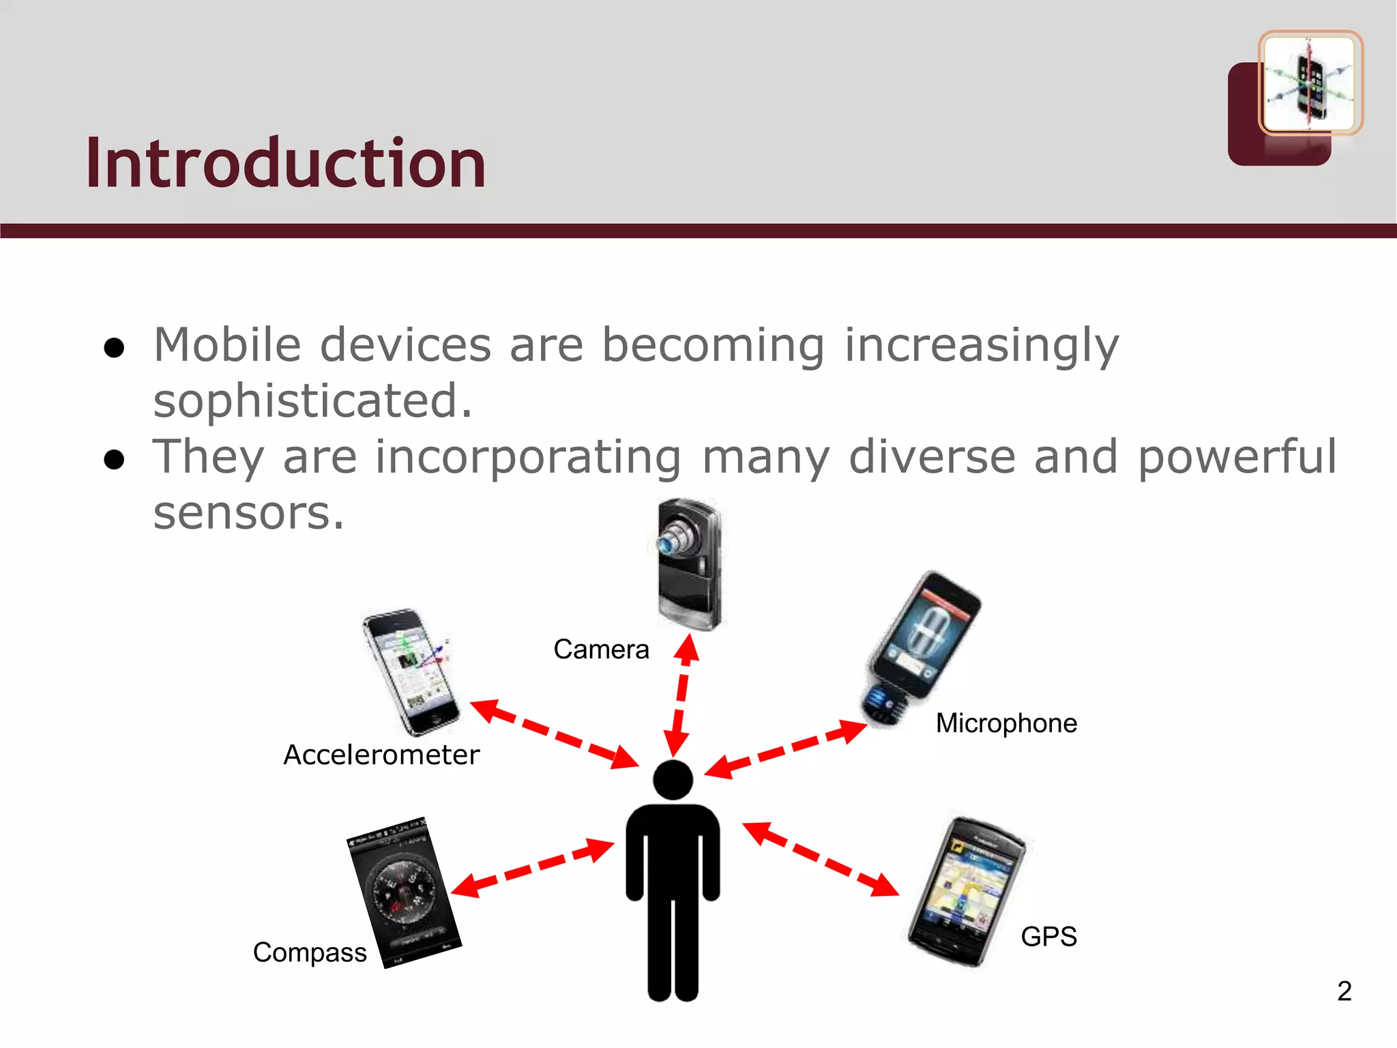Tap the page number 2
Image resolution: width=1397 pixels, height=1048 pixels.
(1344, 991)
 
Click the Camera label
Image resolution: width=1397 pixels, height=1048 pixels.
(601, 650)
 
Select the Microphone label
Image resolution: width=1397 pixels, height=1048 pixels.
(1006, 723)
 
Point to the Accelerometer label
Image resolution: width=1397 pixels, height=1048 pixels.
(381, 755)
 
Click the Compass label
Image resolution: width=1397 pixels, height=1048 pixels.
(310, 952)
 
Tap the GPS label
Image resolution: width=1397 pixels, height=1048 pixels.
(1048, 937)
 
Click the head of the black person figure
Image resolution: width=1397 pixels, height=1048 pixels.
(673, 779)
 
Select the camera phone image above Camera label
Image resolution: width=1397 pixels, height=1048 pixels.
(688, 564)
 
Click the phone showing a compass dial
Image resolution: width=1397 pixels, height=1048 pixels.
(403, 892)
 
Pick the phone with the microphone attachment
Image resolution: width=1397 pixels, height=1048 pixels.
(921, 648)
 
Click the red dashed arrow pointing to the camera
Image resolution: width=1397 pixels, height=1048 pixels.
(681, 696)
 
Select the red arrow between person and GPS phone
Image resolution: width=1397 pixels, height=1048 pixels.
(821, 859)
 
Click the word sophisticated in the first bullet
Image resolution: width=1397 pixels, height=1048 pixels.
(312, 401)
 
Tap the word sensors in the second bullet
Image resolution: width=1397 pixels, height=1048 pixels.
(248, 512)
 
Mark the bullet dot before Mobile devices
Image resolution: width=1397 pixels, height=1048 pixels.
(114, 348)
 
